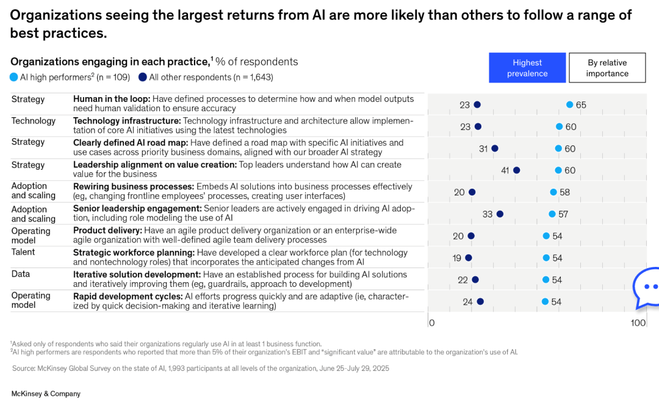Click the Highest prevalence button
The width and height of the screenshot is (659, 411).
click(x=527, y=68)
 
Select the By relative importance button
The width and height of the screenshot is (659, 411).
click(x=607, y=68)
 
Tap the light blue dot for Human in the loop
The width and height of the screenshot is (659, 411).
click(x=570, y=104)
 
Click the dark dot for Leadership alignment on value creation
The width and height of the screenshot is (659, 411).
click(x=516, y=170)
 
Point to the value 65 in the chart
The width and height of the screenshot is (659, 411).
click(x=581, y=105)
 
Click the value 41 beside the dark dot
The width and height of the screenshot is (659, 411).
click(x=505, y=170)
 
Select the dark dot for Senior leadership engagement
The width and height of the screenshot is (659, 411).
click(x=500, y=214)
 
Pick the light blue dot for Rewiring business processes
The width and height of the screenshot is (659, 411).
click(x=553, y=192)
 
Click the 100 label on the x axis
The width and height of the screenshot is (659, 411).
click(x=638, y=322)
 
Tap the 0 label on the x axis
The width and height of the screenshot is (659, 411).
click(x=431, y=322)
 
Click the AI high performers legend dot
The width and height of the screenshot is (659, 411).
click(x=14, y=77)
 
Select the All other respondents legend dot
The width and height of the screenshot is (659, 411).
click(x=143, y=77)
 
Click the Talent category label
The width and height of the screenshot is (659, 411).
click(x=23, y=252)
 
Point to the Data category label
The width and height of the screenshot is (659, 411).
click(x=21, y=274)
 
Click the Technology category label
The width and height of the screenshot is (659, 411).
click(x=34, y=121)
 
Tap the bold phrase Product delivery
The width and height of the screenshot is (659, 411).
click(x=107, y=230)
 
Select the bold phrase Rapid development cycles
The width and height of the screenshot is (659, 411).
click(x=128, y=296)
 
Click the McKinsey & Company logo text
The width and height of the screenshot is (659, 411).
click(x=46, y=394)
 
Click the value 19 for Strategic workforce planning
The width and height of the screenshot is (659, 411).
click(x=457, y=258)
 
